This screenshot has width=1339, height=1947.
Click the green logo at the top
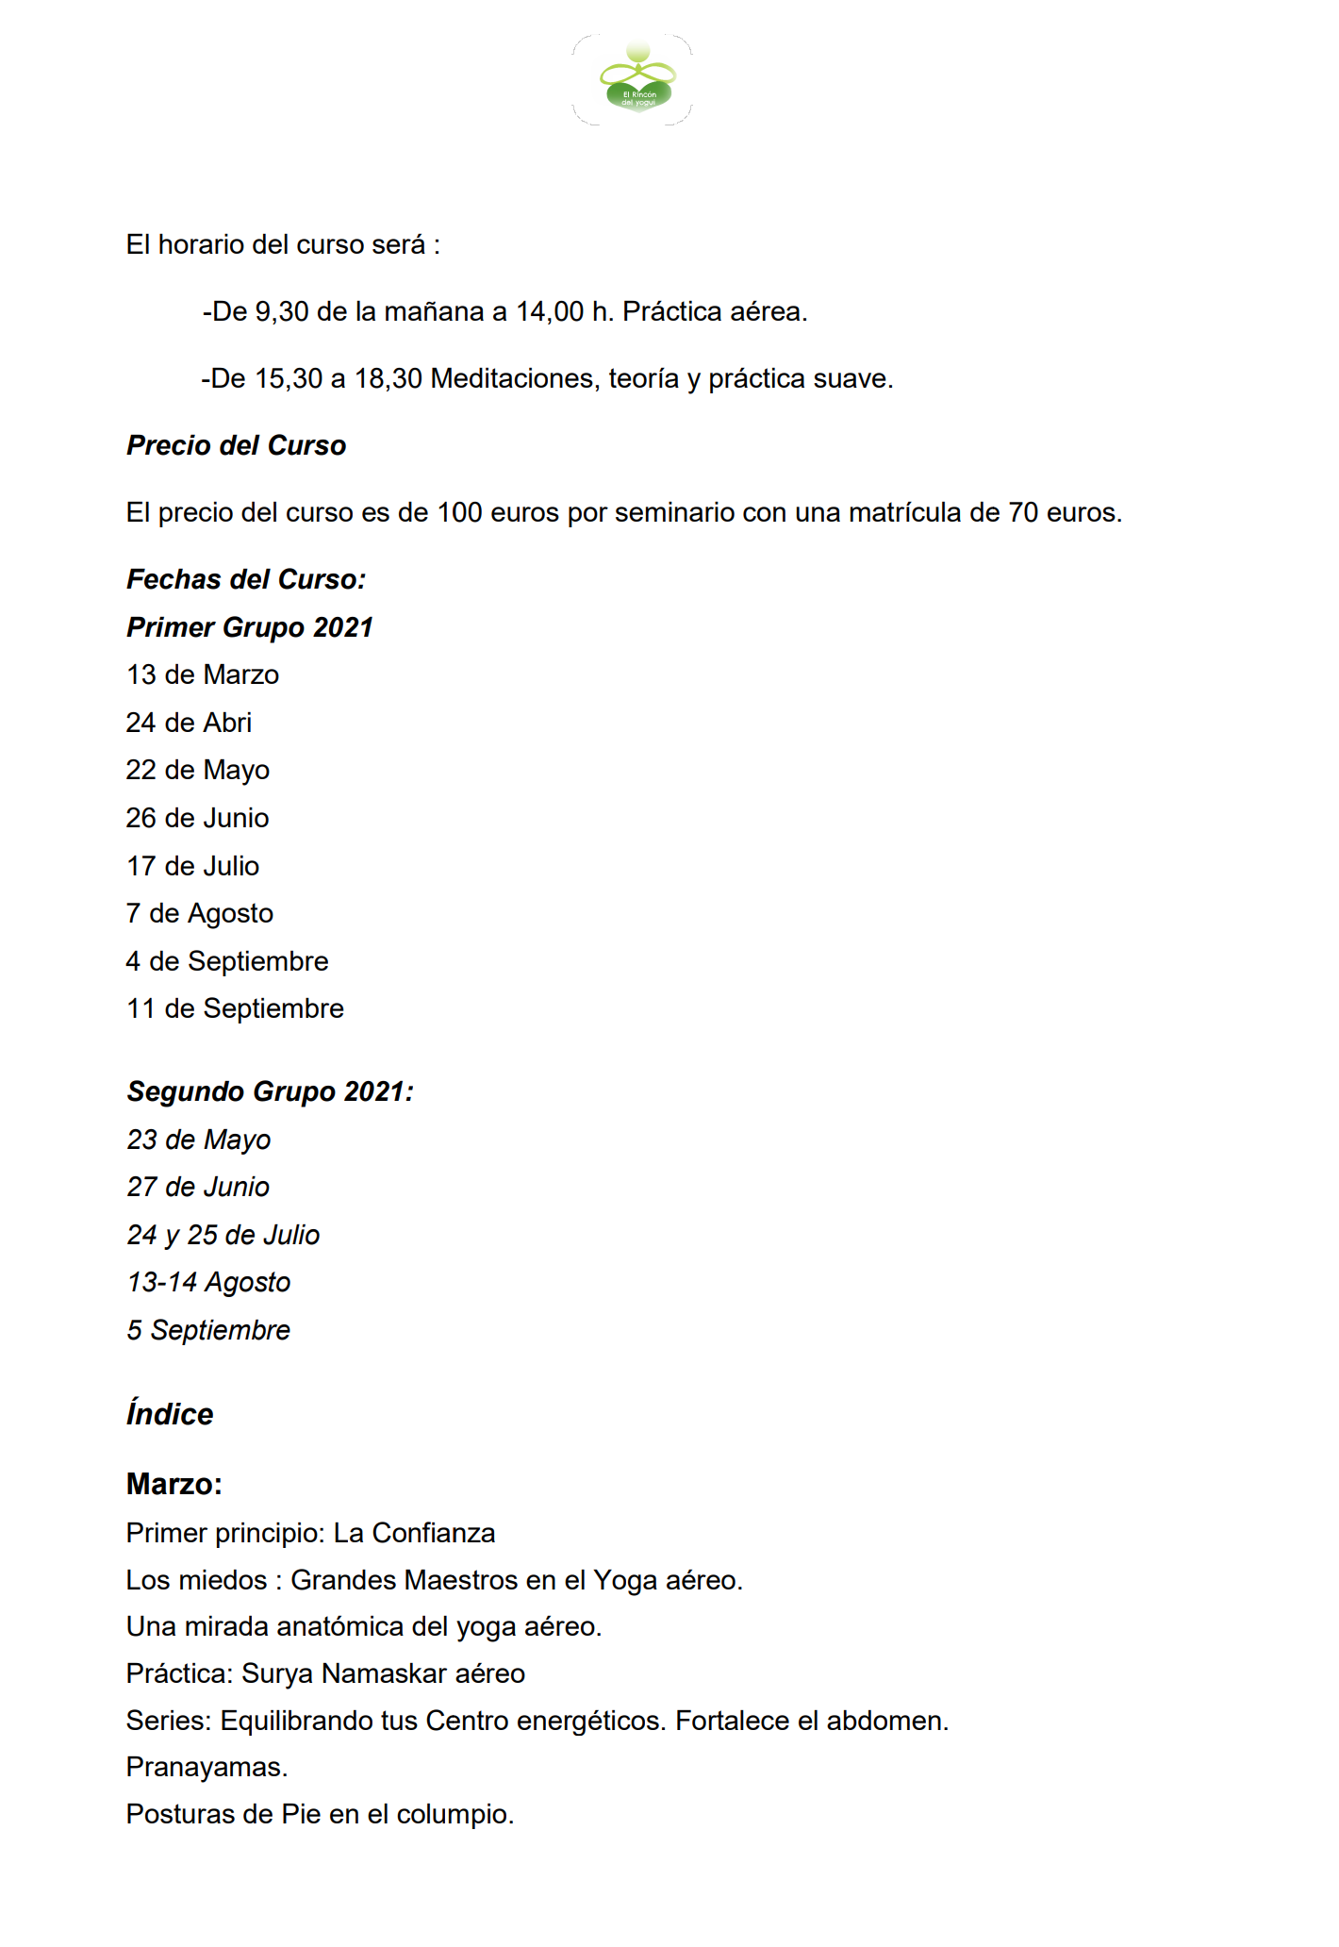tap(637, 81)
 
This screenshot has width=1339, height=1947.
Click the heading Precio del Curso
tap(236, 446)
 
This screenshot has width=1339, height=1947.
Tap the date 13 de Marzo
tap(203, 675)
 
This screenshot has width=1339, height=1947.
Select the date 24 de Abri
tap(189, 724)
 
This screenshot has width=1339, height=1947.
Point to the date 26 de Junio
tap(197, 819)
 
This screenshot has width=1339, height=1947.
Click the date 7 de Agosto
tap(199, 914)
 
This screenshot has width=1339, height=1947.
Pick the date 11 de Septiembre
tap(235, 1009)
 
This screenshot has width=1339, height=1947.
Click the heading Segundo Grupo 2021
tap(270, 1092)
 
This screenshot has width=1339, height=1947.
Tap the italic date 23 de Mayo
tap(199, 1140)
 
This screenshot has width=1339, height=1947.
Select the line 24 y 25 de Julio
tap(223, 1236)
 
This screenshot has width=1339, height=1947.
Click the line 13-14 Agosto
tap(208, 1283)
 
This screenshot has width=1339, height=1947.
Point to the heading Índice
tap(170, 1415)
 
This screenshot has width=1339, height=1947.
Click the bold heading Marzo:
tap(174, 1485)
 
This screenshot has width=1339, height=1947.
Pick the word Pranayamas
tap(207, 1768)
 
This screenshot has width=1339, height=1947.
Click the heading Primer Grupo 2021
tap(250, 628)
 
